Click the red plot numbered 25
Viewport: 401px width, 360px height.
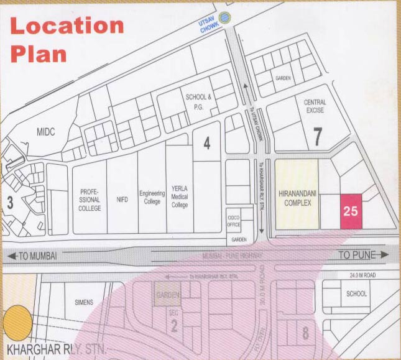(351, 211)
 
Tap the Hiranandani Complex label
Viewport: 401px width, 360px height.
(297, 193)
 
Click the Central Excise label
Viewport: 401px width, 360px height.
(315, 106)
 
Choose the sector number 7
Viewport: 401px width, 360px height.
(318, 136)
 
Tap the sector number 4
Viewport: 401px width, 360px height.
(206, 144)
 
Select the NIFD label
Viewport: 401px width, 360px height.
(122, 199)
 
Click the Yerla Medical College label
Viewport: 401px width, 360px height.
(180, 197)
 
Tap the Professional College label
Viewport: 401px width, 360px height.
(90, 200)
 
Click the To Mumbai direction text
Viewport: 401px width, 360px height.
(39, 256)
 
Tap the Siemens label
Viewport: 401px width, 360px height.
(83, 303)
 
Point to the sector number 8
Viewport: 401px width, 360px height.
(305, 333)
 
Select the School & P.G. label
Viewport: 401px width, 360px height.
(199, 101)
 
